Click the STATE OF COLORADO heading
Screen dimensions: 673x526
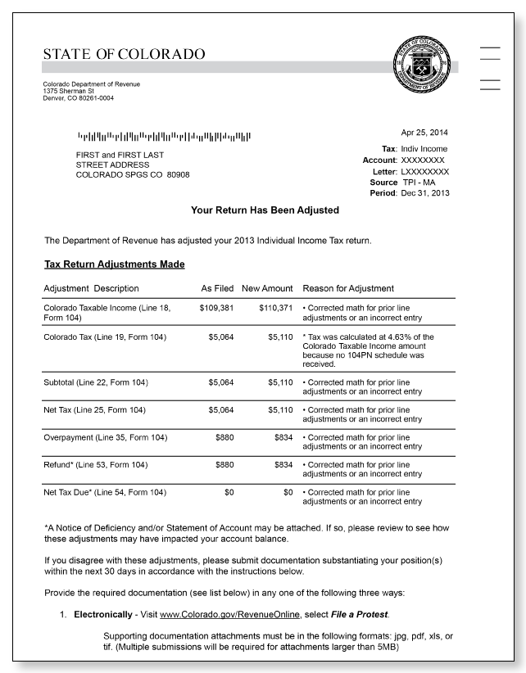(x=124, y=55)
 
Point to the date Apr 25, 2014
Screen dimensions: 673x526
(x=424, y=133)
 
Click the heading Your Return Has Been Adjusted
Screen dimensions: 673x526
(x=265, y=210)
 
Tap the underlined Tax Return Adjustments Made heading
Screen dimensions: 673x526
(x=114, y=264)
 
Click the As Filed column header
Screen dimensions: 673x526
(x=217, y=288)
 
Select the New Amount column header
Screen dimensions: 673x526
(x=267, y=288)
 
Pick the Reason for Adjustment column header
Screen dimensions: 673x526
(x=348, y=288)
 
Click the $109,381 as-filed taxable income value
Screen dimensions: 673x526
(x=216, y=308)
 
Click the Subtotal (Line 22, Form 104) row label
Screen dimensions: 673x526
(x=96, y=382)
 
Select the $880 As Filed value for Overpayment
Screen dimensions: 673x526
(x=224, y=438)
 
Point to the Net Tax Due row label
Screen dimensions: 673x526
(x=105, y=493)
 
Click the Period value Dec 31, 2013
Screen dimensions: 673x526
(x=425, y=193)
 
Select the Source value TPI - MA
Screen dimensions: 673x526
(x=421, y=182)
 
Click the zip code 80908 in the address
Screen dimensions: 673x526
(x=178, y=175)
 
